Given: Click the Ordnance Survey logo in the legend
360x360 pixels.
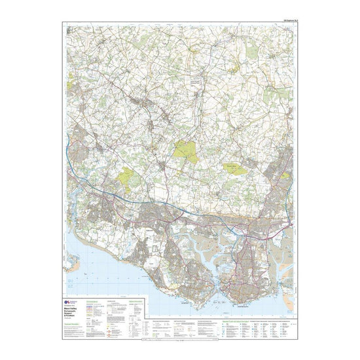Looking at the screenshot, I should pyautogui.click(x=71, y=302).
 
